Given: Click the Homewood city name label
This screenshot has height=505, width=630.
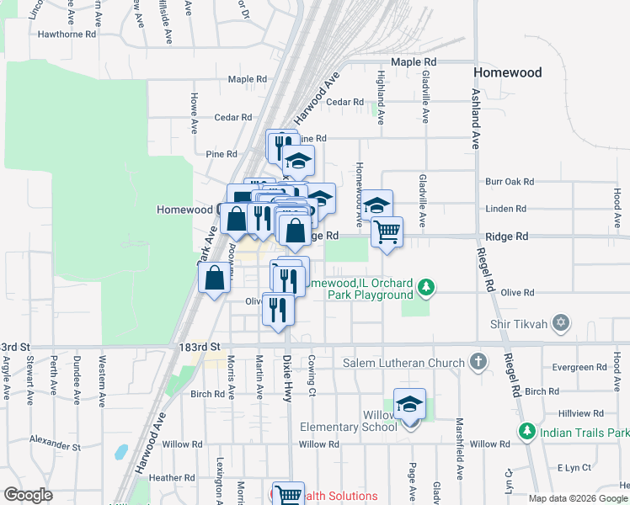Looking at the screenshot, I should click(507, 72).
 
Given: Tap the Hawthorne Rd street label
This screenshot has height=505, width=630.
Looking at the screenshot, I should click(67, 35).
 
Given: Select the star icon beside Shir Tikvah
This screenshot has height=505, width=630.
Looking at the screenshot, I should click(563, 323).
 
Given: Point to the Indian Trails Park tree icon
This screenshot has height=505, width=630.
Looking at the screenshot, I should click(527, 432).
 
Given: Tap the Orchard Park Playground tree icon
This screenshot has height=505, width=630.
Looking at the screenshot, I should click(427, 289).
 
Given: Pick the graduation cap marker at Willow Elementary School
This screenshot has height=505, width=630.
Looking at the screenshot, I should click(409, 405).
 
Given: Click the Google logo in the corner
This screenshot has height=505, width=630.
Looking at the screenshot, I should click(28, 495).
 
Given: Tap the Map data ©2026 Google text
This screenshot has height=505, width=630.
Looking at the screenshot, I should click(577, 498).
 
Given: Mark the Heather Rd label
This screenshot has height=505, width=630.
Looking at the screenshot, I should click(171, 477).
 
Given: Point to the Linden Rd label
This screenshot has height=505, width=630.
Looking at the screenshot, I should click(505, 209).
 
